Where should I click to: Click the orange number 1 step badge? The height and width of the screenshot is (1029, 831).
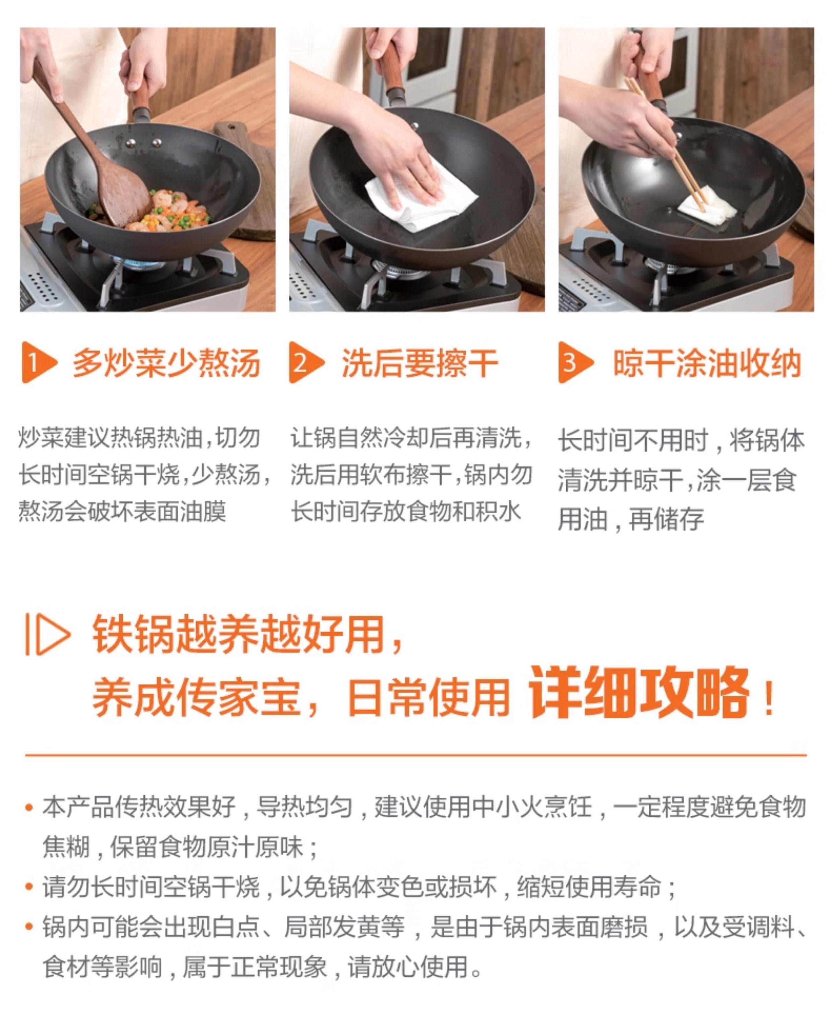pos(38,362)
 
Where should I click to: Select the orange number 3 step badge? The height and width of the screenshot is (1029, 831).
pos(575,362)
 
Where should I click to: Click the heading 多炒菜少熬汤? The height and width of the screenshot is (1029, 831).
pos(166,363)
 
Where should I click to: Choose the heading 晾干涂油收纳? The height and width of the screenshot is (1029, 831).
pos(707,363)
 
